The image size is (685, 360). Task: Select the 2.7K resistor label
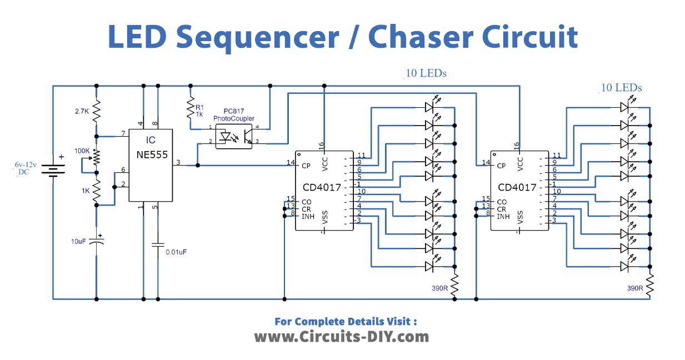point(82,111)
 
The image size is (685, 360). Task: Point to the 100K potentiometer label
point(82,151)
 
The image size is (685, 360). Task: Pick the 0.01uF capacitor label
point(176,252)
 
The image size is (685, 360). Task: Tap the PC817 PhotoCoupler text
point(234,115)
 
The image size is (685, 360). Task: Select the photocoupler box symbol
point(234,136)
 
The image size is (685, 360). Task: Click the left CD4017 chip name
point(322,187)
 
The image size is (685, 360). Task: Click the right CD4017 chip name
point(517,187)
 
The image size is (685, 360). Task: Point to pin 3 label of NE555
point(178,162)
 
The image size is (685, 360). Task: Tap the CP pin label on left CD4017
point(306,166)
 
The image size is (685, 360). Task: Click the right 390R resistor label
point(635,288)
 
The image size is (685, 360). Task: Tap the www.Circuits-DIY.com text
point(342,336)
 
